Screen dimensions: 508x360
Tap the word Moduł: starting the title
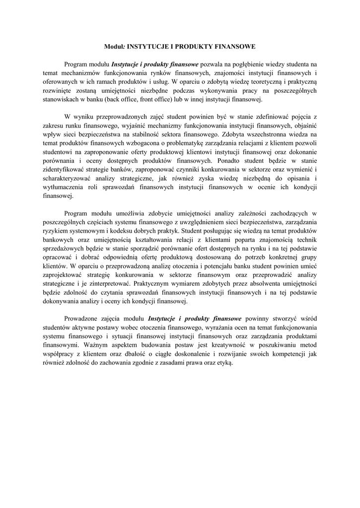pos(115,47)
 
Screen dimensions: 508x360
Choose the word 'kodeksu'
pos(122,231)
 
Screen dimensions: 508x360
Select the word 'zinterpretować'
pos(110,283)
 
